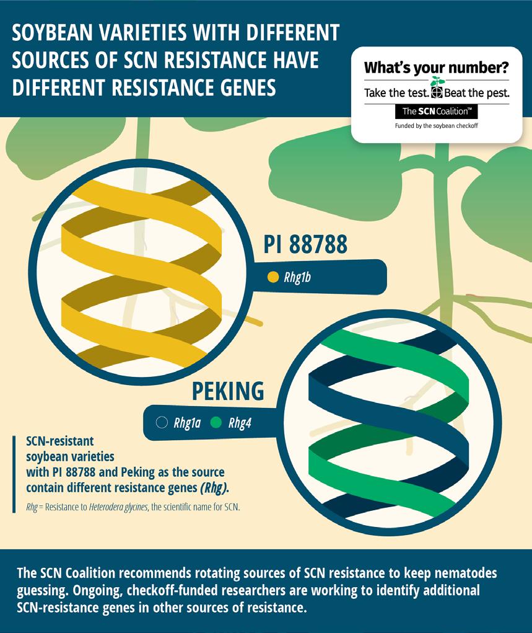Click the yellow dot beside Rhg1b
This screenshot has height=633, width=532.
coord(273,277)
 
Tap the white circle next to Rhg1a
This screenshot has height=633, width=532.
coord(162,423)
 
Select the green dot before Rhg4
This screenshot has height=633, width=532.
coord(216,423)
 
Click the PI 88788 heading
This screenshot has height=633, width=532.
coord(305,244)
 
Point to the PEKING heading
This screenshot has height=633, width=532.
coord(228,391)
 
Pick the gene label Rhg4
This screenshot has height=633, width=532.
coord(240,423)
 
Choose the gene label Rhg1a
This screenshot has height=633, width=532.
coord(186,423)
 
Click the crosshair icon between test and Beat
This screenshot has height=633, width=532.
coord(437,93)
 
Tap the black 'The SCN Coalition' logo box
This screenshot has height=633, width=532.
coord(436,112)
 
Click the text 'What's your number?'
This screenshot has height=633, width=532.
coord(436,67)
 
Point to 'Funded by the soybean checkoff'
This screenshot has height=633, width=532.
coord(436,126)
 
